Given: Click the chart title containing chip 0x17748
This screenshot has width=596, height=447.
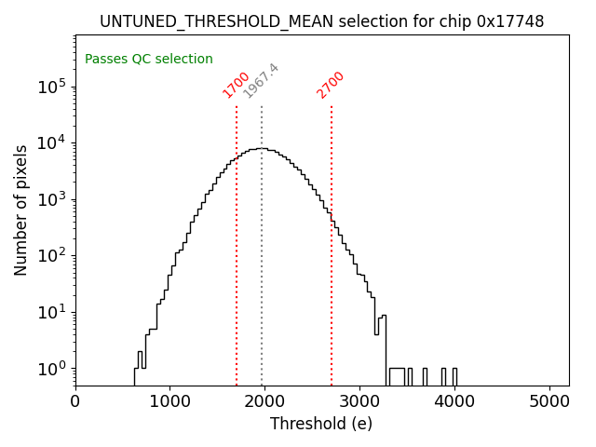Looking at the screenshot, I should tap(321, 21).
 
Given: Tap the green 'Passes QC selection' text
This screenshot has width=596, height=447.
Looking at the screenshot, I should tap(149, 60).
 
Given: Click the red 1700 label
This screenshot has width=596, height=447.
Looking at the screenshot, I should tap(236, 85).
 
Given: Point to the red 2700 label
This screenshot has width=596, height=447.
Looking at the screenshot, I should tap(331, 85).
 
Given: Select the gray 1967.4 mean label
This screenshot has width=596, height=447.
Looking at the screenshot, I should tap(261, 81).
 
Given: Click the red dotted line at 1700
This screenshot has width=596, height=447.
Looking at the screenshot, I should tap(237, 242).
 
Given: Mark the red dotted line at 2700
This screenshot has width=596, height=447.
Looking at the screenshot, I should tap(332, 242).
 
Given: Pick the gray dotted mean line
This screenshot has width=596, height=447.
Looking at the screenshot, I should tap(262, 242).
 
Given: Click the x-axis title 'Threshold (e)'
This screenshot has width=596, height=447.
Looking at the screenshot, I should tap(321, 425).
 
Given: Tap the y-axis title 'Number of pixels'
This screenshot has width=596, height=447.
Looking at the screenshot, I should tap(21, 210).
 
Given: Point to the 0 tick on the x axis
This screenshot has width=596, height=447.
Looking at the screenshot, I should tap(75, 402).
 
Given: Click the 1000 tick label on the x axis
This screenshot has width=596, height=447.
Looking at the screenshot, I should tap(170, 402).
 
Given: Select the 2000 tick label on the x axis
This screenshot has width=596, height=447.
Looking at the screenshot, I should tap(264, 402).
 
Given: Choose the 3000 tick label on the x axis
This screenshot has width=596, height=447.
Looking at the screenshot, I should tap(359, 402).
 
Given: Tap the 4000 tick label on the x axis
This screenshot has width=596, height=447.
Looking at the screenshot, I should tap(454, 402).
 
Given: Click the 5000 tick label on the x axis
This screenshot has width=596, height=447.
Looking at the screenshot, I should tap(549, 402).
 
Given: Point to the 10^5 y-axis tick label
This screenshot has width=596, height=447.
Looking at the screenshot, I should tap(51, 87).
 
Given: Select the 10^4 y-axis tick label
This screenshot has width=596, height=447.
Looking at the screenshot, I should tap(51, 142).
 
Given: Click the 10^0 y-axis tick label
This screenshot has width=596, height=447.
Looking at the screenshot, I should tap(51, 369).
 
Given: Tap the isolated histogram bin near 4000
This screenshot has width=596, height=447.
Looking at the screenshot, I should tap(454, 376).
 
